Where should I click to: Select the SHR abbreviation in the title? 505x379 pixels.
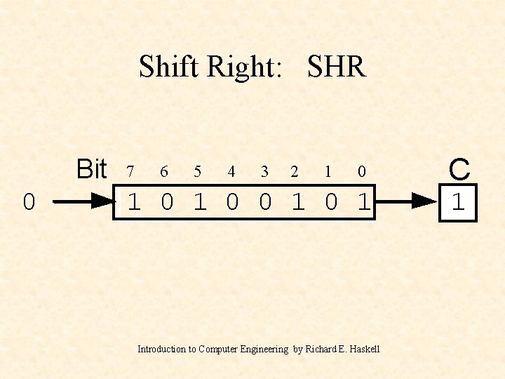pos(337,67)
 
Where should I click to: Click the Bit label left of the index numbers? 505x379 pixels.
pos(91,169)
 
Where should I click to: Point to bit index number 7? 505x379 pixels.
pos(130,171)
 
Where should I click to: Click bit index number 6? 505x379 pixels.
pos(163,171)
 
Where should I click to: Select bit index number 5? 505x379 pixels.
pos(197,171)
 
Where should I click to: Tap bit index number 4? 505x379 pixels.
pos(231,171)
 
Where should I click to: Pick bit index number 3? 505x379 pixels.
pos(264,171)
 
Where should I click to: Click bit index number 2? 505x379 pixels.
pos(295,171)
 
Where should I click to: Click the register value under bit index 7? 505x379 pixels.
pos(134,203)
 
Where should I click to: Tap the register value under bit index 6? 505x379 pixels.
pos(167,203)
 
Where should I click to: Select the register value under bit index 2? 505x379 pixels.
pos(298,203)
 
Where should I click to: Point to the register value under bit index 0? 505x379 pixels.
pos(363,203)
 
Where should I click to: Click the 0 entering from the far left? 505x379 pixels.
pos(28,203)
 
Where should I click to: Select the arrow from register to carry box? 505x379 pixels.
pos(407,201)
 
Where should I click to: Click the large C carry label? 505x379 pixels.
pos(459,169)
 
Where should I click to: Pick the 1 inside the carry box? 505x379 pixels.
pos(458,203)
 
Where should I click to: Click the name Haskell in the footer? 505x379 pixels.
pos(363,349)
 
